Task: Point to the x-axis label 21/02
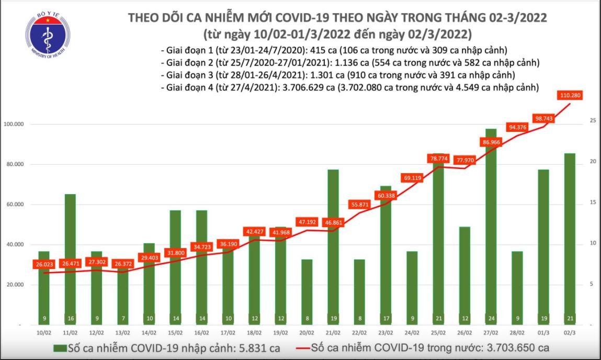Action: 334,332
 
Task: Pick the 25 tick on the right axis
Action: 593,121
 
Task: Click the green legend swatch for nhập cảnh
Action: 60,347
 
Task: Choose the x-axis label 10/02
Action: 44,332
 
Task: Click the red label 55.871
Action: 360,204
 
